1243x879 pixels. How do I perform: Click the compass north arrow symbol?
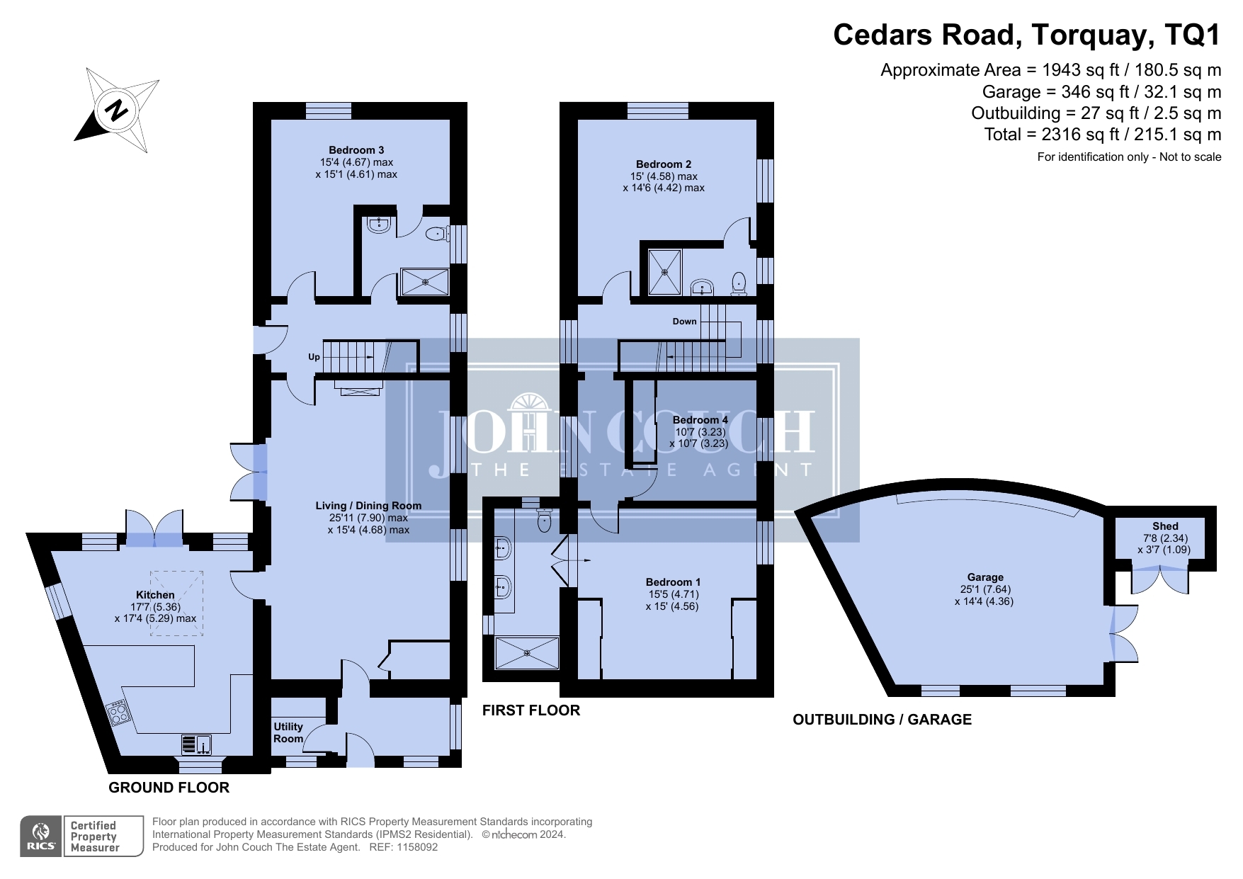click(117, 110)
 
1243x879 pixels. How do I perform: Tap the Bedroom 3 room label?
click(356, 150)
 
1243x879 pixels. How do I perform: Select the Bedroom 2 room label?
click(664, 164)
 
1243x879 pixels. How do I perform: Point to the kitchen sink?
click(197, 744)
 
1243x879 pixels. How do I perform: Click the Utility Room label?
click(288, 732)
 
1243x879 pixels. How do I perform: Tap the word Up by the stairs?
click(314, 357)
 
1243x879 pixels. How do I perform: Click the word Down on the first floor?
click(684, 322)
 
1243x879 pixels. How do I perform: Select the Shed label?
click(1165, 526)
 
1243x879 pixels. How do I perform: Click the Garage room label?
click(985, 577)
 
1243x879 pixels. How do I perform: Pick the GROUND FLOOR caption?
click(169, 788)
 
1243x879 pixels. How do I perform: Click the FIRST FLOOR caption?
click(531, 710)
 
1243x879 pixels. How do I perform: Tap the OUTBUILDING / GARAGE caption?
click(882, 720)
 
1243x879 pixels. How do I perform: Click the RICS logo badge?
click(41, 837)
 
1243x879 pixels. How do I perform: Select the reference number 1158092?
click(417, 847)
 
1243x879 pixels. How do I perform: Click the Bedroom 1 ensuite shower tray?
click(527, 653)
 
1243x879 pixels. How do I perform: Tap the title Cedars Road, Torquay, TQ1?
click(1027, 34)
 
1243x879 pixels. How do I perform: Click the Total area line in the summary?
click(1103, 135)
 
